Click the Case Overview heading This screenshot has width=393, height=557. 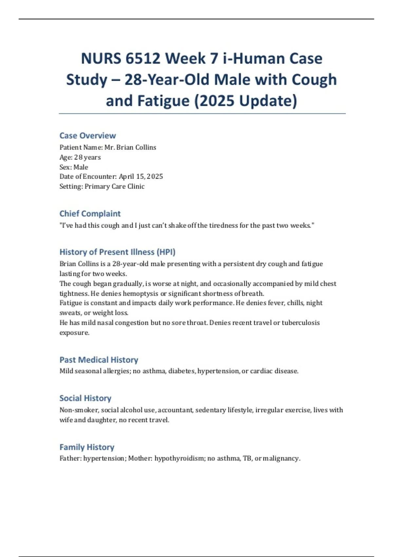[x=87, y=136]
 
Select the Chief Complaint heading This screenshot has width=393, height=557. [x=90, y=214]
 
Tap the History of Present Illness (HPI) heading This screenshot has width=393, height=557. [x=117, y=252]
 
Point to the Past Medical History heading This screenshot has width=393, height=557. [x=99, y=360]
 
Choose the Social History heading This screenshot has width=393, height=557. [x=85, y=398]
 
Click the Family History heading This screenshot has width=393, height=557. [x=87, y=447]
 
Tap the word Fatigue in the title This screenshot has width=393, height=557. [x=163, y=101]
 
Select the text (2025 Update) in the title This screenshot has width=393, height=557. [x=246, y=101]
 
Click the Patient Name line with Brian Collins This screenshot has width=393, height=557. [x=108, y=147]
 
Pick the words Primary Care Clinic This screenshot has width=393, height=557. [x=115, y=186]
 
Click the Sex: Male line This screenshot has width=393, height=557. [x=74, y=167]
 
